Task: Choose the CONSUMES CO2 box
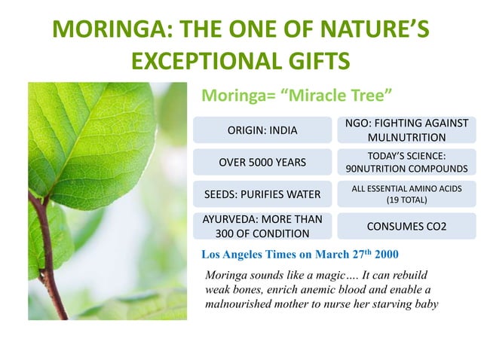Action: (406, 226)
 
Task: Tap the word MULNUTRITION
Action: (406, 138)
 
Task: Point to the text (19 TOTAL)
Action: (406, 201)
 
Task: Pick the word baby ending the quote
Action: (424, 304)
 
